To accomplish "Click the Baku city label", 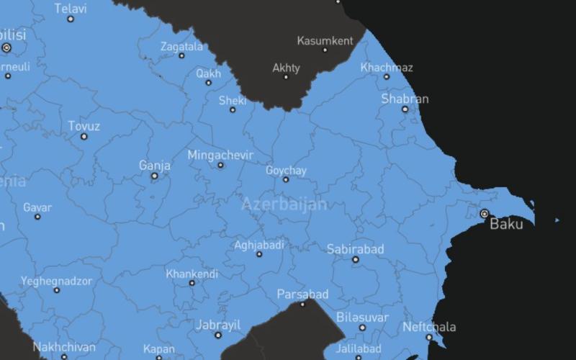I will tap(506, 224).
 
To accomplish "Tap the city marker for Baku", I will tap(485, 214).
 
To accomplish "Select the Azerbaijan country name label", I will tap(284, 204).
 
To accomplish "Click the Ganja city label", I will tap(155, 166).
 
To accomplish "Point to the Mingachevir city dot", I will tap(220, 166).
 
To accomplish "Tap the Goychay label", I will tap(286, 171).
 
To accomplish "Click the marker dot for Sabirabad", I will tap(355, 259).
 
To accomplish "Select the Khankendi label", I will tap(192, 274).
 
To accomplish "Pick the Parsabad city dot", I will tap(302, 304).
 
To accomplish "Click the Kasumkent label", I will tap(325, 41).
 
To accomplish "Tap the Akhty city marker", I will tap(286, 77).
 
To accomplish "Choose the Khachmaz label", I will tap(387, 68).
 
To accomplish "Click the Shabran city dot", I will tap(405, 109).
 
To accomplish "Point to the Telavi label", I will tap(71, 9).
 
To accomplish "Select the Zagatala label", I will tap(181, 46).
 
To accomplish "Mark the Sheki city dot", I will tap(233, 110).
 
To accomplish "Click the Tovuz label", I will tap(84, 126).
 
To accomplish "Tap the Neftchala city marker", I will tap(429, 337).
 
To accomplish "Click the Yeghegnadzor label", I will tap(56, 281).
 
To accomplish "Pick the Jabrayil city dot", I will tap(218, 335).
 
